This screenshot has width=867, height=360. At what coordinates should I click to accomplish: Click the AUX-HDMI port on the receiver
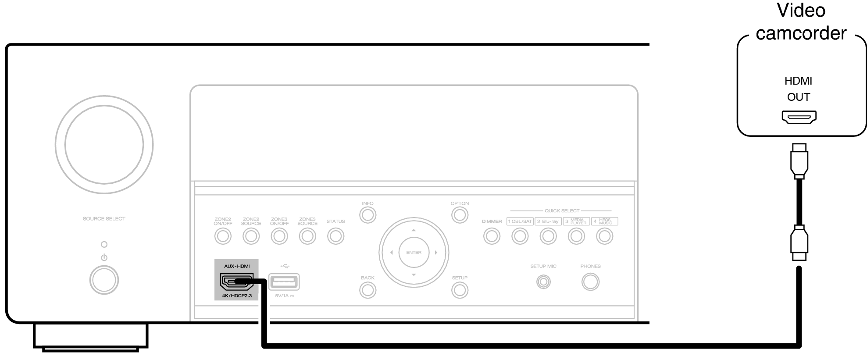pos(236,282)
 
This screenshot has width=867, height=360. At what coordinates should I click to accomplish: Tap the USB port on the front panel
pos(284,282)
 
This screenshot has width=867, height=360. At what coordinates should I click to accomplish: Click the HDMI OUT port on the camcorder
pos(799,117)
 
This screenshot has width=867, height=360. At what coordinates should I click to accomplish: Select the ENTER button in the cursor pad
pos(414,253)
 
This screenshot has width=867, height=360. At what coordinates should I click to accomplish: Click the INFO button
pos(367,215)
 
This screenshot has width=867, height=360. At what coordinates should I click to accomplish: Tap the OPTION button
pos(460,215)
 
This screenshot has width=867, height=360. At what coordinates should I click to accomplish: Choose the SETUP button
pos(460,290)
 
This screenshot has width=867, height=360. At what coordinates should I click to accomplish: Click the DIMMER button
pos(492,236)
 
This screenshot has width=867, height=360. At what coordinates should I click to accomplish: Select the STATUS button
pos(335,236)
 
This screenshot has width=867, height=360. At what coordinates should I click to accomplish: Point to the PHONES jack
pos(590,282)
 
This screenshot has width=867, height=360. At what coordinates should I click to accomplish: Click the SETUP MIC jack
pos(543,282)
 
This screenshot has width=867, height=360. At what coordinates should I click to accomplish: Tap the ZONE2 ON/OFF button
pos(223,236)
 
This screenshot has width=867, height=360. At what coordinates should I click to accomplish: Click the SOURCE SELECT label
pos(104,218)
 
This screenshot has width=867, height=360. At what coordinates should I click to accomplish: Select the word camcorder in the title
pos(801,33)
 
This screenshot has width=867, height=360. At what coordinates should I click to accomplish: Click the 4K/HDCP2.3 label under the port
pos(237,296)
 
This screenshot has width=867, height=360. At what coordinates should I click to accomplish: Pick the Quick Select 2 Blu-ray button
pos(548,236)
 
